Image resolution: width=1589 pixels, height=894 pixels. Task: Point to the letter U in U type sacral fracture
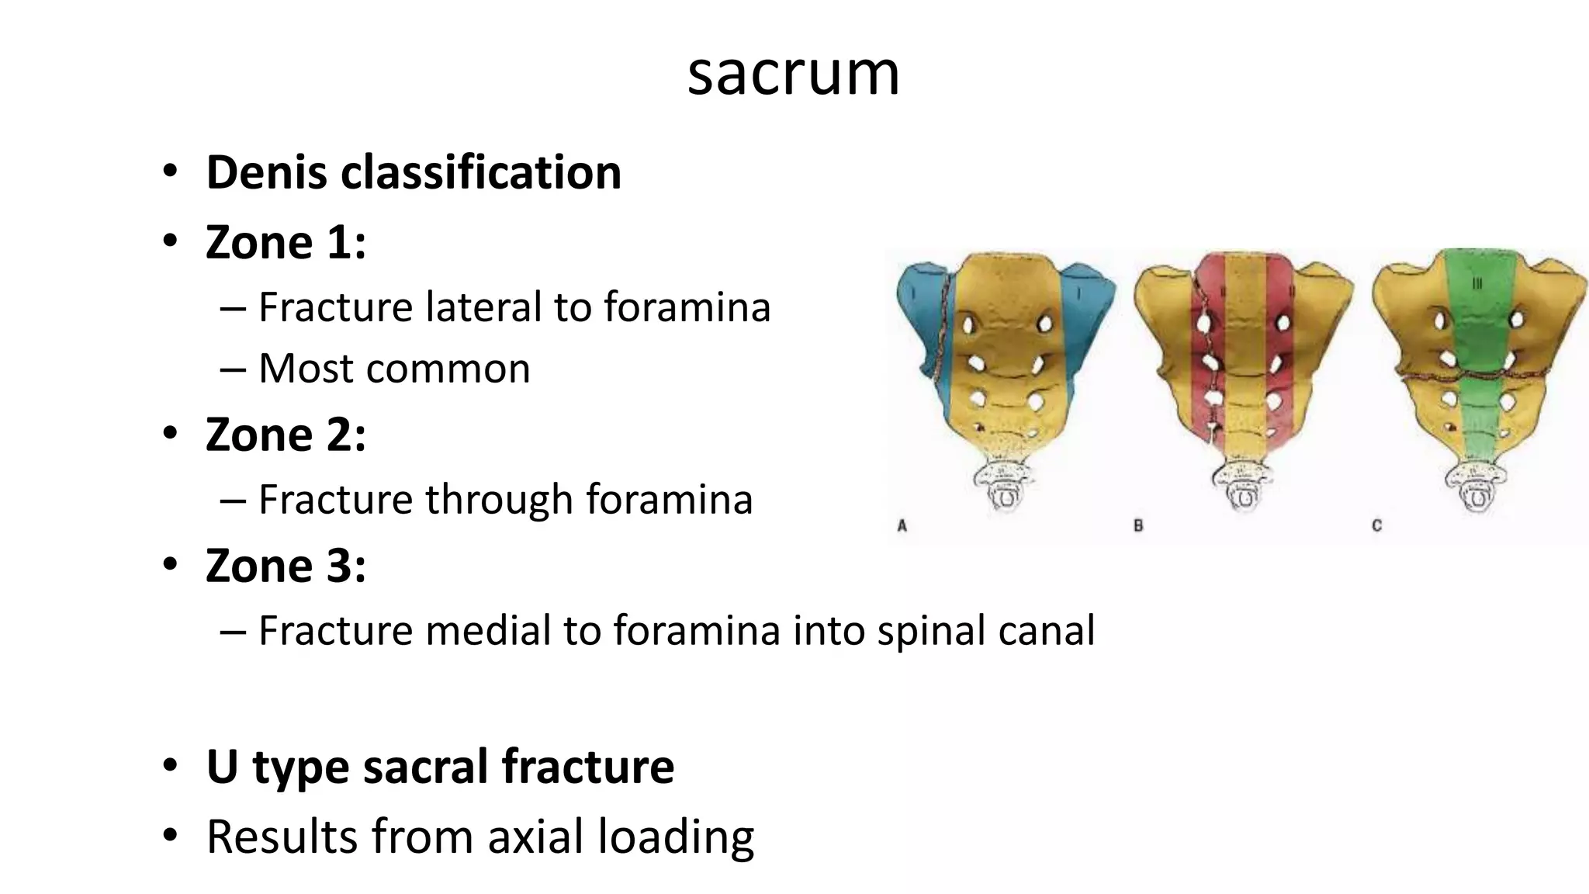click(222, 767)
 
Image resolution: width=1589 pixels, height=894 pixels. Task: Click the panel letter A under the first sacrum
click(902, 526)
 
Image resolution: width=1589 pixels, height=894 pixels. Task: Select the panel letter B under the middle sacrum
click(1138, 526)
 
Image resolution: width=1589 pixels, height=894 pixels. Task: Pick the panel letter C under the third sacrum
click(1377, 526)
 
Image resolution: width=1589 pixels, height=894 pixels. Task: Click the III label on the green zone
click(1477, 284)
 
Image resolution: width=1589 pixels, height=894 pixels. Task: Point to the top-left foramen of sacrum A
click(969, 324)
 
